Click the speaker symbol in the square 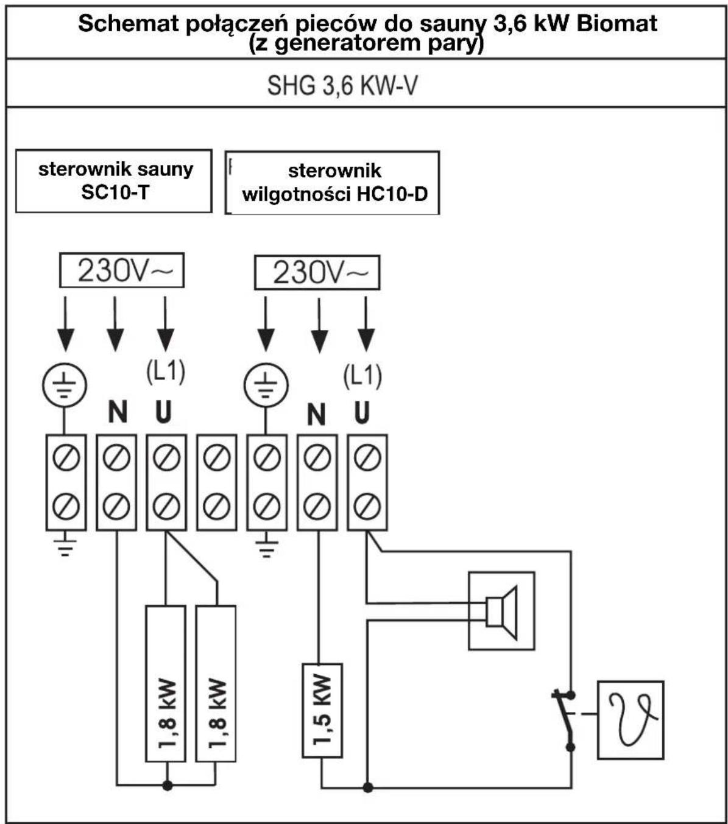pos(501,613)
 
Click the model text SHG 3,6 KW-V pos(342,85)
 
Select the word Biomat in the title pos(617,23)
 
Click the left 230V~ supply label pos(122,270)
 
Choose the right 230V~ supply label pos(317,272)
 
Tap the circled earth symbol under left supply pos(65,385)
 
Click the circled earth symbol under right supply pos(266,385)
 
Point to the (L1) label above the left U pos(166,371)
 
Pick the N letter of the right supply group pos(317,415)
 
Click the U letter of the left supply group pos(164,412)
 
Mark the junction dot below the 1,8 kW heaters pos(168,785)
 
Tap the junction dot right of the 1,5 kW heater pos(368,787)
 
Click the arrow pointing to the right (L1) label pos(366,324)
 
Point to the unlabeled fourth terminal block pos(217,482)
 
